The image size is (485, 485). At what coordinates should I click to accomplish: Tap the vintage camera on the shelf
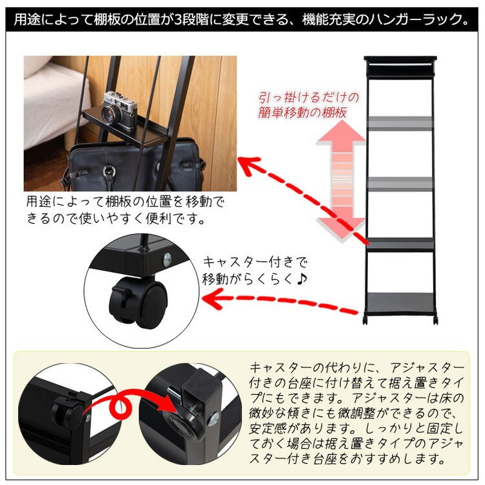click(x=120, y=111)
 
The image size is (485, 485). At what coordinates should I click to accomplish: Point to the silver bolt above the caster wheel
click(x=167, y=257)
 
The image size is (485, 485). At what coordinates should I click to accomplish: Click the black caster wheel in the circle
click(x=138, y=299)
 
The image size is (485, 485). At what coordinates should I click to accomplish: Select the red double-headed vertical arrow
click(x=341, y=180)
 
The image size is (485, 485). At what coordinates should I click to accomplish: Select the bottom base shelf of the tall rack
click(x=400, y=303)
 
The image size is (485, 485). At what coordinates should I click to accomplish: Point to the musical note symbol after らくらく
click(x=301, y=279)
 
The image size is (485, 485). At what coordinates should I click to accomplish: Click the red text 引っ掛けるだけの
click(x=308, y=98)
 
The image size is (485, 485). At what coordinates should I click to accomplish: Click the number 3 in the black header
click(x=178, y=20)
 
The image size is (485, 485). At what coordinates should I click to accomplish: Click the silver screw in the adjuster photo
click(x=213, y=420)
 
